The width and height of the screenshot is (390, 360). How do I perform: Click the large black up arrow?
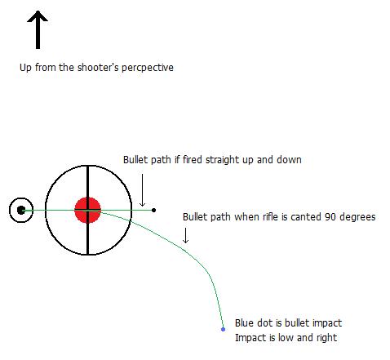pos(38,30)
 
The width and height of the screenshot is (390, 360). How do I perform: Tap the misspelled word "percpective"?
pos(148,68)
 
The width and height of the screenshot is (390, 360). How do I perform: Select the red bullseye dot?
pos(88,210)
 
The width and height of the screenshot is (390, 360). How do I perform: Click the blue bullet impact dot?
pos(223,329)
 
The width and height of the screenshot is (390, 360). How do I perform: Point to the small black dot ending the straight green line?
pos(153,210)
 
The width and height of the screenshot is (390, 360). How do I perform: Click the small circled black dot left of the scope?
pos(21,210)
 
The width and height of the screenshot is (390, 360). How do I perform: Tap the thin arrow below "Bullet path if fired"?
pos(142,190)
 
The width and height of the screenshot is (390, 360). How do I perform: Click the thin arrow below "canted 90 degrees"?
pos(185,235)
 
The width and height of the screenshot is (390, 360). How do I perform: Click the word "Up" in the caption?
pos(25,68)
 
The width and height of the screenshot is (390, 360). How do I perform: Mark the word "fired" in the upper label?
pos(193,160)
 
